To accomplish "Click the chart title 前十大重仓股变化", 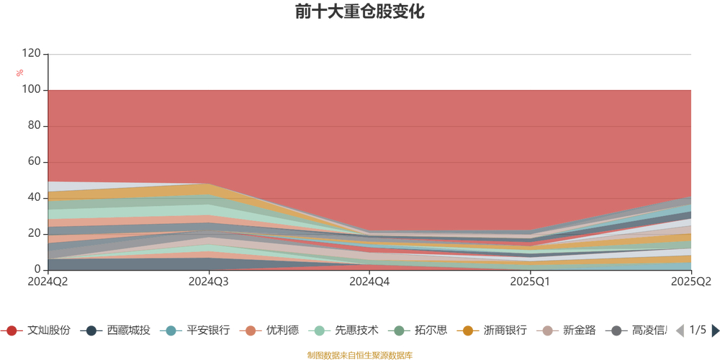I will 359,12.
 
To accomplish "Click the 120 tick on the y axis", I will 31,54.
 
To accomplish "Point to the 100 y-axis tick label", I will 31,90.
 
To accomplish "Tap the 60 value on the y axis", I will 34,162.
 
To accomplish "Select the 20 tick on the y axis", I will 34,234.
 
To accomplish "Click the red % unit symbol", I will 20,73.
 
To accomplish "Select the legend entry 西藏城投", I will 119,330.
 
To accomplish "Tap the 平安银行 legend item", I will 198,330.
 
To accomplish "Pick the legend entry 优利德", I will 274,330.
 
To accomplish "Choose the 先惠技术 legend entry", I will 347,330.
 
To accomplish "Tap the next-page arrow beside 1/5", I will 716,330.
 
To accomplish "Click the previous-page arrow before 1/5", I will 679,330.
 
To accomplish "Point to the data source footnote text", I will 359,355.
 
